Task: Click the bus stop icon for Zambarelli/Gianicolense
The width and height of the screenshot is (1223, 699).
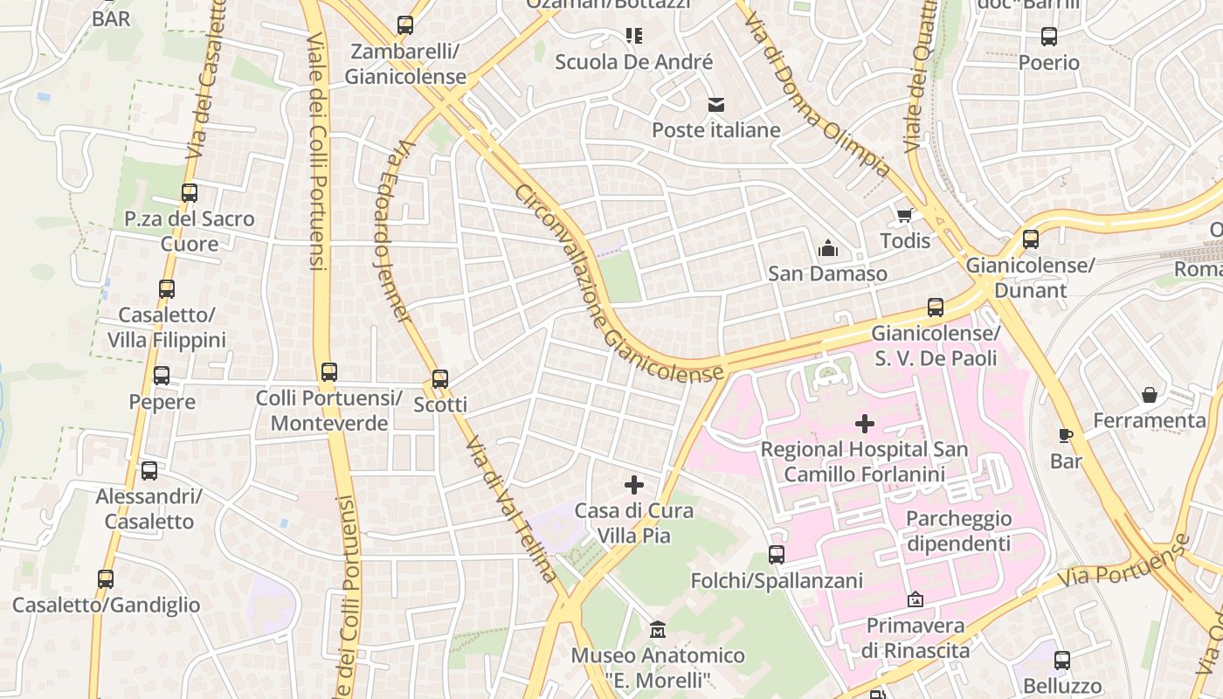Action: [405, 25]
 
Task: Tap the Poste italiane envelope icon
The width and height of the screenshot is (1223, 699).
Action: [716, 105]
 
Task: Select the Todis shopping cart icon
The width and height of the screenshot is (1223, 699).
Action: [904, 215]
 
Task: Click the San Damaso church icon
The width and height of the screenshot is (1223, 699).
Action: [827, 249]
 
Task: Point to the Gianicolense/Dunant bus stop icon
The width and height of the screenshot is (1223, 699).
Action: [1031, 239]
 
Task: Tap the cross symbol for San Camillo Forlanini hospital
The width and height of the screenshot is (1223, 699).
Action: [865, 425]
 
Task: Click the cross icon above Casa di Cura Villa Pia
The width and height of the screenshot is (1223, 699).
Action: [634, 485]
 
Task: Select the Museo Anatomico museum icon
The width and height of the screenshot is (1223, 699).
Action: [658, 629]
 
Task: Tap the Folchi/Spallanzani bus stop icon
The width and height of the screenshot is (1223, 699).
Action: [777, 555]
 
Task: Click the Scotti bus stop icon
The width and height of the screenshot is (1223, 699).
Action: [440, 379]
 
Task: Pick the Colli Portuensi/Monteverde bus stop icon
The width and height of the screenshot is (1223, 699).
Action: [329, 372]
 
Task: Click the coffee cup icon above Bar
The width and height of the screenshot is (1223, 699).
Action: [1066, 435]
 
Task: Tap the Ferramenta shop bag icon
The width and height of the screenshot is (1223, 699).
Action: [1150, 395]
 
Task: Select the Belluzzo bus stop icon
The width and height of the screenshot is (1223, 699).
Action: [1062, 661]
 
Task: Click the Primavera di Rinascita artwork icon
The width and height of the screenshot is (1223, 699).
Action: [915, 599]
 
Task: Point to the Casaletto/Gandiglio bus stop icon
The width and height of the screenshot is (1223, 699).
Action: [106, 578]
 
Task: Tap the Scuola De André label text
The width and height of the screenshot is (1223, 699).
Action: [634, 62]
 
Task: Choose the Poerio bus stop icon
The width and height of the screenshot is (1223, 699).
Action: [1049, 37]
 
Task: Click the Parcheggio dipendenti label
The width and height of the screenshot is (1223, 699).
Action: [958, 531]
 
